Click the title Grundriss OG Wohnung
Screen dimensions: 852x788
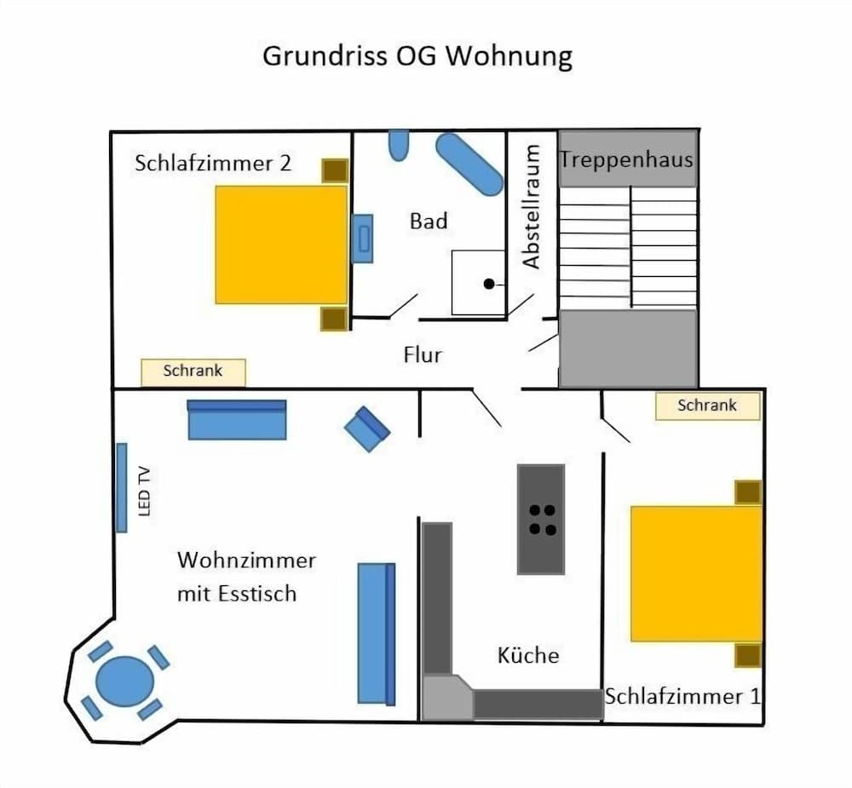click(x=417, y=56)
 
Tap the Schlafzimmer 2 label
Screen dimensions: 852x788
click(x=213, y=163)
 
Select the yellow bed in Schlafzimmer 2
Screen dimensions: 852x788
click(x=281, y=244)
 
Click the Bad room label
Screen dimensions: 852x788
click(x=429, y=221)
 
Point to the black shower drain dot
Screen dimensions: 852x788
click(x=489, y=284)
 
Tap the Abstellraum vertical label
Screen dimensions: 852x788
click(x=532, y=206)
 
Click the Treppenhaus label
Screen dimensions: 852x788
click(x=626, y=160)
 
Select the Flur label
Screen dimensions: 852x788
click(x=423, y=355)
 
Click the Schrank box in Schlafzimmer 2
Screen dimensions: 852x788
click(x=193, y=372)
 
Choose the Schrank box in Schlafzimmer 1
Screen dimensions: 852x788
click(x=707, y=406)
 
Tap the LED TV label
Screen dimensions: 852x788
click(x=144, y=492)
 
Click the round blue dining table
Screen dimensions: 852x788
click(x=125, y=682)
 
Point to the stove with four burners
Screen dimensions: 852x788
click(x=541, y=519)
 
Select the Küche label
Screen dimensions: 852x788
click(x=528, y=655)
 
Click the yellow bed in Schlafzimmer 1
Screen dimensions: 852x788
click(x=697, y=574)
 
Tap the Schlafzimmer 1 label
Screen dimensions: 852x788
click(x=682, y=696)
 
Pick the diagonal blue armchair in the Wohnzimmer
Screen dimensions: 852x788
click(x=367, y=429)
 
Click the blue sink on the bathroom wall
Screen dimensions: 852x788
click(x=362, y=238)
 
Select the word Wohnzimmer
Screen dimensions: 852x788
click(x=246, y=561)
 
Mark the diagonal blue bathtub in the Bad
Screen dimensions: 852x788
click(x=469, y=164)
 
